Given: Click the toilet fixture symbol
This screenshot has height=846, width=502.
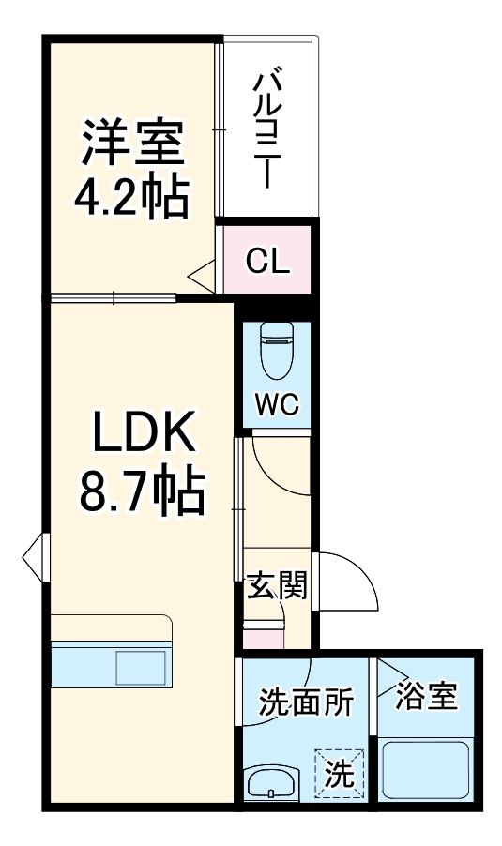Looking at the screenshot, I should (x=277, y=348).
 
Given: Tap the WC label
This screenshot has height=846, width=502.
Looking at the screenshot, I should (x=277, y=405).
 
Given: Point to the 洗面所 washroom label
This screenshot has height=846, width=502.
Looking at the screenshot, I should (x=306, y=700).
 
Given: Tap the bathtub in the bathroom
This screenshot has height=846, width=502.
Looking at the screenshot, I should (x=427, y=768).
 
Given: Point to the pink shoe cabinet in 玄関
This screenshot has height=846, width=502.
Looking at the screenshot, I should (x=263, y=637).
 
